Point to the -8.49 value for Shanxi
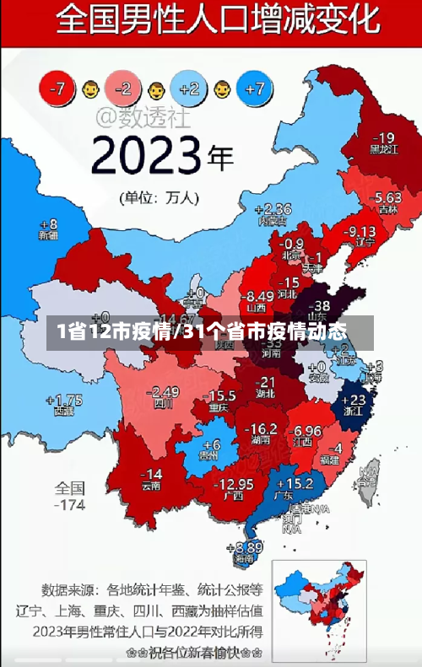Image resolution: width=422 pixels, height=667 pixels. click(x=256, y=296)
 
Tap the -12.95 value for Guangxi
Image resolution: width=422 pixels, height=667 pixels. click(x=235, y=484)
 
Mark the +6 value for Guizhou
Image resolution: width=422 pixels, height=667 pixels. click(x=210, y=444)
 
